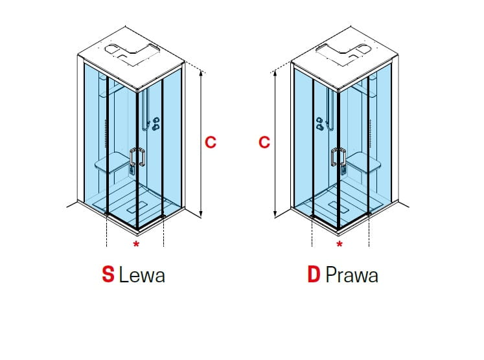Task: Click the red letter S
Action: tap(108, 275)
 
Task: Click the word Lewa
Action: tap(142, 275)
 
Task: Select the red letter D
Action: tap(314, 275)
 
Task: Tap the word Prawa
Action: tap(352, 275)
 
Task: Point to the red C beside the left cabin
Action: tap(211, 142)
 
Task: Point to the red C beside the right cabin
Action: tap(264, 142)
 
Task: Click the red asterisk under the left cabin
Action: tap(136, 244)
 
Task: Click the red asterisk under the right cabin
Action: tap(340, 244)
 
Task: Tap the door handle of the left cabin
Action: tap(137, 157)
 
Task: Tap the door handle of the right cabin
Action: tap(338, 157)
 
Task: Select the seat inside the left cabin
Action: tap(113, 164)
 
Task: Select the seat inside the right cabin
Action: tap(363, 164)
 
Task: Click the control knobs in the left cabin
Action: tap(156, 124)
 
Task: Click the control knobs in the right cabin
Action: tap(320, 124)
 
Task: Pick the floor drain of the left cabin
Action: tap(138, 207)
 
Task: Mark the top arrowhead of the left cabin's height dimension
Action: tap(201, 73)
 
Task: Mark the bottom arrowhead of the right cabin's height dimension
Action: tap(275, 214)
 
